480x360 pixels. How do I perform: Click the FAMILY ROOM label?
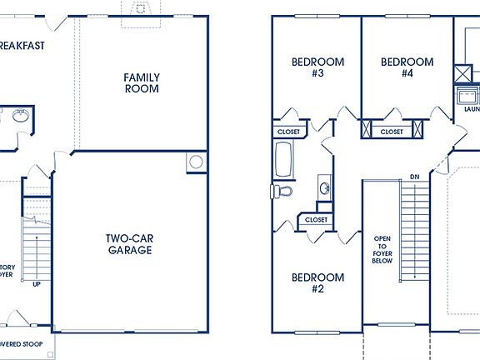pos(142,83)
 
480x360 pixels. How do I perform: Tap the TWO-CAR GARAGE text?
pos(128,244)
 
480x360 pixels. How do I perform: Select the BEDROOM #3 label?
pos(307,67)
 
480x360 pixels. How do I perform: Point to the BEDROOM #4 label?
pos(407,67)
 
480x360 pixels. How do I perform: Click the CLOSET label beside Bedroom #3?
pos(288,131)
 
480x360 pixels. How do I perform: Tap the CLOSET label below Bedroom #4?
pos(392,131)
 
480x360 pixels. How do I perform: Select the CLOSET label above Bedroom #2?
pos(316,219)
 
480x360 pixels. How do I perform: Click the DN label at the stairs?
pos(414,177)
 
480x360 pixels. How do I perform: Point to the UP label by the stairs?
pos(36,284)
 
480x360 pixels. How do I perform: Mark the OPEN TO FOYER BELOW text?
pos(382,247)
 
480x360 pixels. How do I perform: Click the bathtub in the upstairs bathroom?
pos(282,160)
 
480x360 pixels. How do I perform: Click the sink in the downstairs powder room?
pos(20,115)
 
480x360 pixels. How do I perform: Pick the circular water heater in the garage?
pos(196,162)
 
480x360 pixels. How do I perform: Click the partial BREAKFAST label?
pos(21,45)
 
